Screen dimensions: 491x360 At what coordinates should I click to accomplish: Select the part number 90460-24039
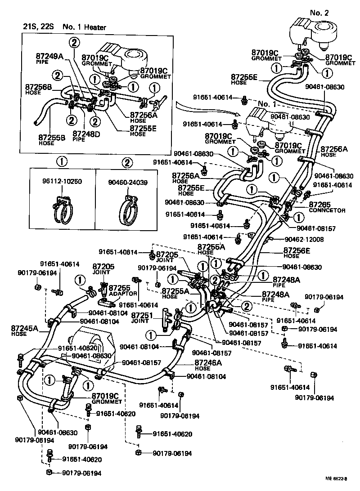127,183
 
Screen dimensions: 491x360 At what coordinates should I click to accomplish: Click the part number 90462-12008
304,239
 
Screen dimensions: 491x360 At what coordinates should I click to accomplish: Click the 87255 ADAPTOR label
123,290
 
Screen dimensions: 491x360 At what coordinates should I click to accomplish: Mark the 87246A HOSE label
208,365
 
